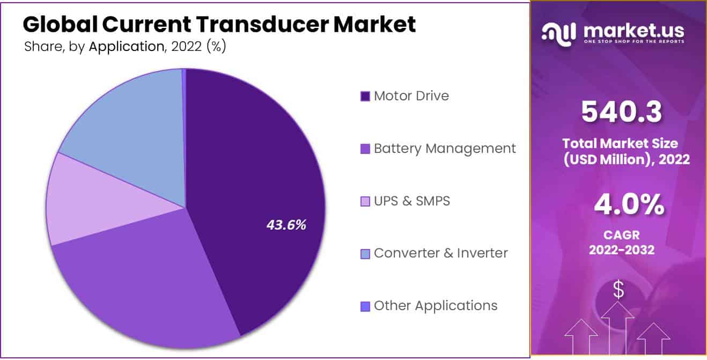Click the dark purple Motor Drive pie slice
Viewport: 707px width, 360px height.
pos(257,177)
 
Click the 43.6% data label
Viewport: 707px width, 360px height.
pos(286,225)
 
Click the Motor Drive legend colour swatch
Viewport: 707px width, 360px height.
pos(365,97)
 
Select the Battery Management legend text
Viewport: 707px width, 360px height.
pos(445,148)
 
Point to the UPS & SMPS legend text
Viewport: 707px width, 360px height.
pos(411,201)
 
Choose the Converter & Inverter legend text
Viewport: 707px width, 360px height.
pos(440,253)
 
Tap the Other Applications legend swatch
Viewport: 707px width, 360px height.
pos(365,306)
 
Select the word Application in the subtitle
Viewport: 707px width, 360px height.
pos(126,47)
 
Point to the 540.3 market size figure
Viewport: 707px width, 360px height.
pos(621,111)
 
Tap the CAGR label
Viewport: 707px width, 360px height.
pos(621,235)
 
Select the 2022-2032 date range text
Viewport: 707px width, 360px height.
pos(621,249)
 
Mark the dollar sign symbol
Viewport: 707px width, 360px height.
pos(618,290)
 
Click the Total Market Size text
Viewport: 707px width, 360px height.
pos(620,143)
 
